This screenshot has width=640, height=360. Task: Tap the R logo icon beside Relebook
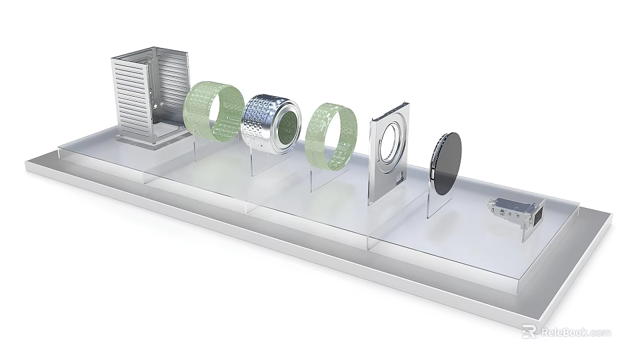(529, 331)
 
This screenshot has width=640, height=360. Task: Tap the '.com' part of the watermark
(600, 332)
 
